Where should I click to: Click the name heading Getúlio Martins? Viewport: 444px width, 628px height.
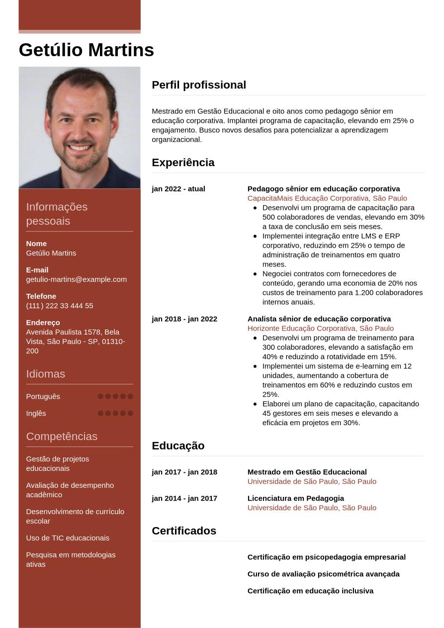coord(87,50)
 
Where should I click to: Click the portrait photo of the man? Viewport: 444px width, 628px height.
coord(80,128)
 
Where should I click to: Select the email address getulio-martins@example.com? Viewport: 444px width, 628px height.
coord(76,279)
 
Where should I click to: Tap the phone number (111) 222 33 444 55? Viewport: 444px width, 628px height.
coord(60,306)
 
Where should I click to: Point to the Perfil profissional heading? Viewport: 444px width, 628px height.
coord(199,85)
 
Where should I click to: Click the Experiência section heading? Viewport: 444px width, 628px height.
coord(183,163)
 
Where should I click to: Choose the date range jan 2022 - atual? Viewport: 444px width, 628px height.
coord(178,189)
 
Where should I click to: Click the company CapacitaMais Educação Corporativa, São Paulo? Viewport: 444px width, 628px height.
coord(327,198)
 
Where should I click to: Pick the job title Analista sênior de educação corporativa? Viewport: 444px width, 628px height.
coord(319,319)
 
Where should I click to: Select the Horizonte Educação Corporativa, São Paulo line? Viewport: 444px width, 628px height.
coord(321,328)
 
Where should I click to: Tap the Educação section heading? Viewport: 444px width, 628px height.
coord(178,446)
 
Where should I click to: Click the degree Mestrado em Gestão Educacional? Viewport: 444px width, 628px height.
coord(307,472)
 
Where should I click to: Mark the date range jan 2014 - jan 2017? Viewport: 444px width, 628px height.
coord(184,498)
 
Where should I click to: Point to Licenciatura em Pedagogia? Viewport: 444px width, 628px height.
coord(296,498)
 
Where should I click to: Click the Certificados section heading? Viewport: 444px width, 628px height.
coord(184,531)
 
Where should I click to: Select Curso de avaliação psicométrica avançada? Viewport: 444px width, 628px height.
coord(324,574)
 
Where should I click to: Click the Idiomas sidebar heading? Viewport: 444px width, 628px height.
coord(46,374)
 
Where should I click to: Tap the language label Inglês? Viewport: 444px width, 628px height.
coord(36,413)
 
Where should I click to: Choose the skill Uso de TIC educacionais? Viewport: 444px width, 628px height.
coord(68,538)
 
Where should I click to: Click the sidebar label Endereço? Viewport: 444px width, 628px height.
coord(43,323)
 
